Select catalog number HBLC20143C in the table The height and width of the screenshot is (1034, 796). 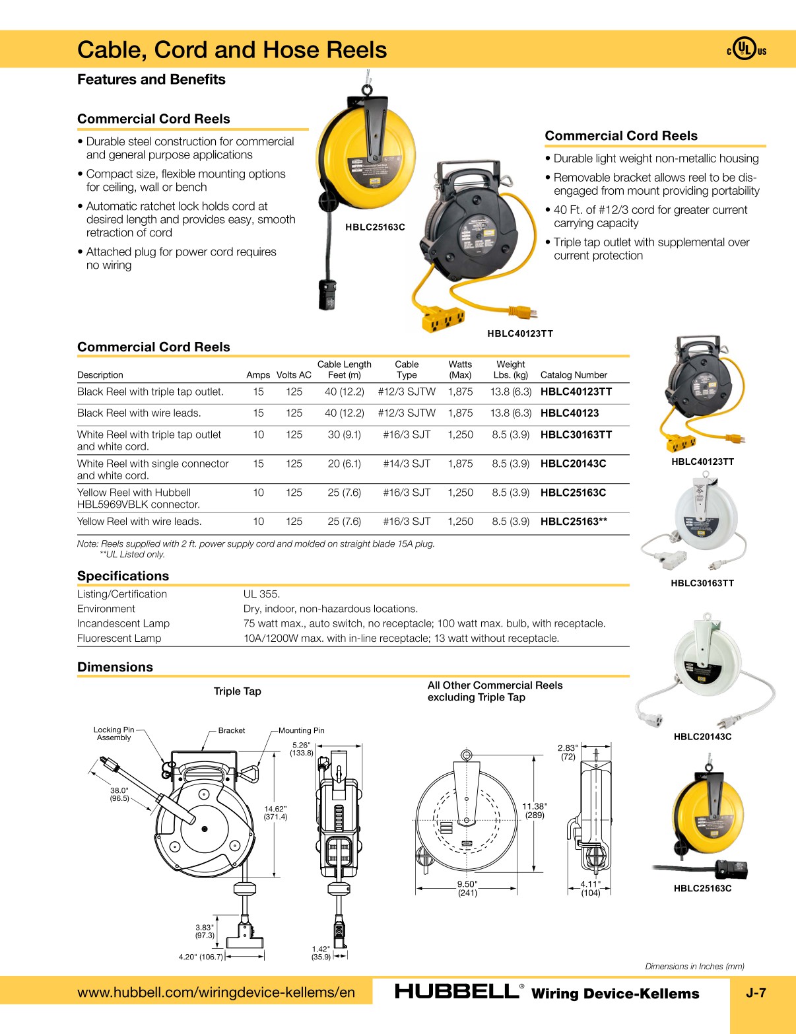tap(573, 464)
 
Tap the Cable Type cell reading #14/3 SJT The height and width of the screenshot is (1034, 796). tap(407, 464)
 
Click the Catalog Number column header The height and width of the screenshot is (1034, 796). tap(574, 375)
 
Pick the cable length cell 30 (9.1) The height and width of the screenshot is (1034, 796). tap(344, 434)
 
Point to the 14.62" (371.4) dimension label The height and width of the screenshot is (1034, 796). tap(275, 813)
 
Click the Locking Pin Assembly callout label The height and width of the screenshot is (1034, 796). tap(114, 734)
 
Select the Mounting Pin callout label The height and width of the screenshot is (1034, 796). tap(301, 730)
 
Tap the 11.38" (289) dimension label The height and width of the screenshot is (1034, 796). tap(534, 811)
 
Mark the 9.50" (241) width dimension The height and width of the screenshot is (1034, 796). tap(467, 889)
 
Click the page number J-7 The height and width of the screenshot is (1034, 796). tap(756, 992)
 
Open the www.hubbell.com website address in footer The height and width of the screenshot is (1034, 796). tap(216, 992)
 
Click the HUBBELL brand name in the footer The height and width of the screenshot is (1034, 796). tap(456, 991)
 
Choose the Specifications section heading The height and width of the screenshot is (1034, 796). tap(123, 576)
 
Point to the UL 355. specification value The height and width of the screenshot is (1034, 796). tap(261, 594)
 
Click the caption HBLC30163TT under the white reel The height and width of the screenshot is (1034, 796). tap(702, 583)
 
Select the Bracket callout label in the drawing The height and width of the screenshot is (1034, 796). tap(231, 730)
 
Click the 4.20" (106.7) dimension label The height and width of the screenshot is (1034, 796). tap(201, 957)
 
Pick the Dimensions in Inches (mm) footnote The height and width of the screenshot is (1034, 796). tap(694, 966)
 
